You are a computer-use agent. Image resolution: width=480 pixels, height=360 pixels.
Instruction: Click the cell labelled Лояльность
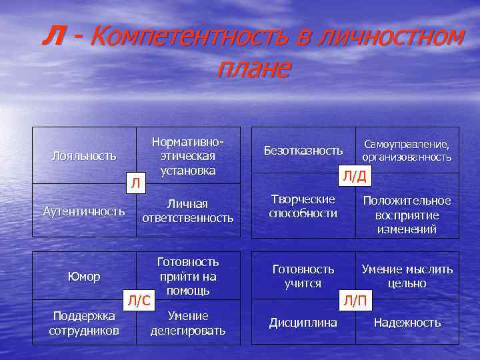click(84, 156)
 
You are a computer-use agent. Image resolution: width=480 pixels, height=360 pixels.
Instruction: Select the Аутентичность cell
click(84, 211)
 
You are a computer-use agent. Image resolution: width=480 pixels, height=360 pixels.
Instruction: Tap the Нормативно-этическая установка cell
click(187, 157)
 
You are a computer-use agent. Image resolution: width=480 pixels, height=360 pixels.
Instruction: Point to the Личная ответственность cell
click(187, 211)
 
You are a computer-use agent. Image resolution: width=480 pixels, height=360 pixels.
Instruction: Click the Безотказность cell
click(303, 151)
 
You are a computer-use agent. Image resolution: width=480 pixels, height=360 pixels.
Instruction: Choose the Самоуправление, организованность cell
click(407, 151)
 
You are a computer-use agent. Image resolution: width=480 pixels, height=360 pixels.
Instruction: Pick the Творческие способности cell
click(303, 207)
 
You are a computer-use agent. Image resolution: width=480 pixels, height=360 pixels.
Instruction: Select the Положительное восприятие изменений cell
click(407, 215)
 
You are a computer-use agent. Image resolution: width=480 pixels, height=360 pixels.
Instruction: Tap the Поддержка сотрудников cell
click(84, 322)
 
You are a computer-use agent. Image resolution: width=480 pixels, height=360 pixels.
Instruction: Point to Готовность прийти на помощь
click(187, 276)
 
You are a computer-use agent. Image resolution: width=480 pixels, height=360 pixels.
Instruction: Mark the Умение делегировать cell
click(187, 323)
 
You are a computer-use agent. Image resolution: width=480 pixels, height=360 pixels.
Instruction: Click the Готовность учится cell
click(303, 276)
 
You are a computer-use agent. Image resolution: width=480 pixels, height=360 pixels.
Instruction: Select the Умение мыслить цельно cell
click(407, 276)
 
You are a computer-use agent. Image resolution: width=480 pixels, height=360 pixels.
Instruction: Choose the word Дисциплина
click(303, 323)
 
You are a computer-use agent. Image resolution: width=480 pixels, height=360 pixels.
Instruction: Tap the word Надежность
click(407, 323)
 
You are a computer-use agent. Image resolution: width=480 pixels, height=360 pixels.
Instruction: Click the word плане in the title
click(253, 68)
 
